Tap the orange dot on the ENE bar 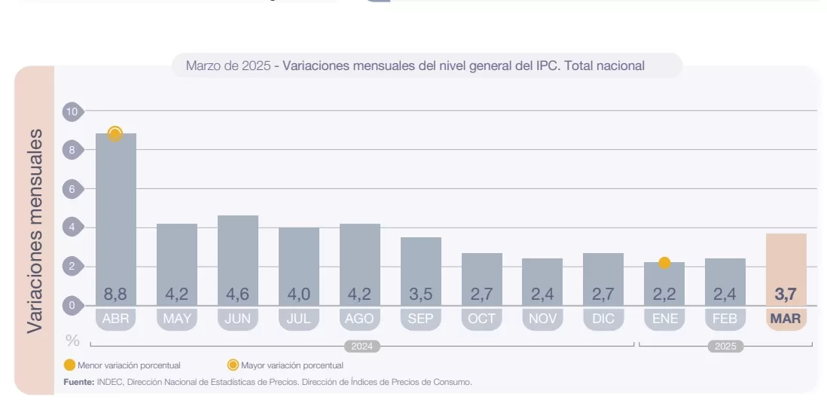(x=664, y=263)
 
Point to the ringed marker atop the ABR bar (x=115, y=134)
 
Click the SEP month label (x=420, y=319)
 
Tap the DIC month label (x=603, y=319)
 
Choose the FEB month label (x=725, y=319)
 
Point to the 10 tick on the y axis (x=72, y=111)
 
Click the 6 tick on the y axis (x=72, y=189)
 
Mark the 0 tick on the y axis (x=72, y=305)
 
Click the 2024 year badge (x=362, y=346)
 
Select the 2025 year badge (x=725, y=346)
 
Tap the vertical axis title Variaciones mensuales (x=35, y=231)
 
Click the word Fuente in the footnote (x=79, y=382)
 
